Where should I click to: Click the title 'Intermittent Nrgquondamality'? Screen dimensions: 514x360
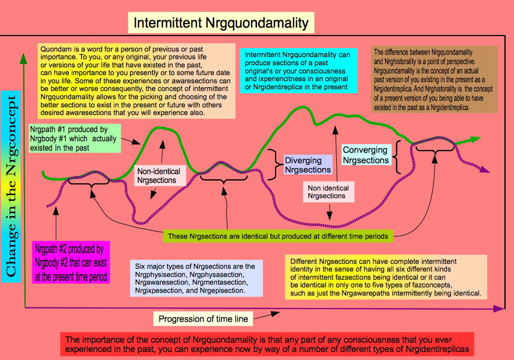(221, 23)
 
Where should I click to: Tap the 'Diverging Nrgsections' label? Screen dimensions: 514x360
(308, 165)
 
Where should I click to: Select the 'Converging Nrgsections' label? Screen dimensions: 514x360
(366, 155)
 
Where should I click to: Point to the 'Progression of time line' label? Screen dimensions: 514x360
(203, 318)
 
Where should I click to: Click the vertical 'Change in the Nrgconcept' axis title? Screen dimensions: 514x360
(11, 186)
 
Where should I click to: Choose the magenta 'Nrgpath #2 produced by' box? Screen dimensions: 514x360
(71, 263)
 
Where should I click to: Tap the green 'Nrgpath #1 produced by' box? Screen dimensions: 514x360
(75, 138)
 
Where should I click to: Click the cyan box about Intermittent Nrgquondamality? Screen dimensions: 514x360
(299, 71)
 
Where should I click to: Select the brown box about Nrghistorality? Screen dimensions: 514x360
(434, 80)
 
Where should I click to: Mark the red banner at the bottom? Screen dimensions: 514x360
(267, 344)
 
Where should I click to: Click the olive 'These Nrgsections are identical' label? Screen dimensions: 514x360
(278, 236)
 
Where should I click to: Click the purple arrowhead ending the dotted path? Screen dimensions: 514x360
(485, 170)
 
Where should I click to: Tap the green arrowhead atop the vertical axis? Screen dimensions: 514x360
(24, 58)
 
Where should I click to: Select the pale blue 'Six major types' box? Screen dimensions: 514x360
(196, 278)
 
